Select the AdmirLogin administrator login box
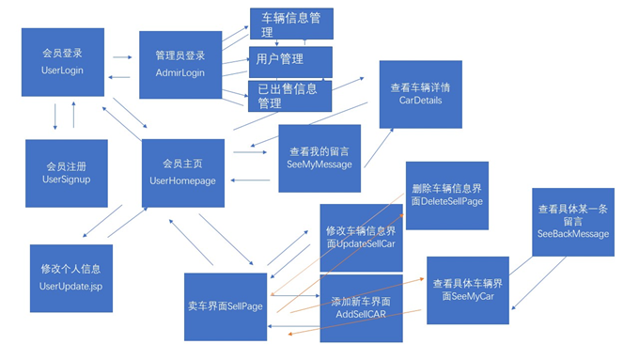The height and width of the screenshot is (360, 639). tap(180, 64)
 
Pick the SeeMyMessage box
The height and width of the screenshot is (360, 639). tap(319, 156)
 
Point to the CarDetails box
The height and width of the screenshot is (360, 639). tap(420, 94)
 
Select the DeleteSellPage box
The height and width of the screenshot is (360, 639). tap(447, 195)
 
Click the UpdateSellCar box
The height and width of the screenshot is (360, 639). tap(361, 237)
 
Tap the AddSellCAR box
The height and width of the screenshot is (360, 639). tap(361, 307)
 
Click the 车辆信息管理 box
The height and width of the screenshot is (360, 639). tap(291, 21)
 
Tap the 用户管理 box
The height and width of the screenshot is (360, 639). tap(290, 62)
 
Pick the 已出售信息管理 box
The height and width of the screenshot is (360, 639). tap(290, 96)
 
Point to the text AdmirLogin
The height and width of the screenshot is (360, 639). tap(180, 72)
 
